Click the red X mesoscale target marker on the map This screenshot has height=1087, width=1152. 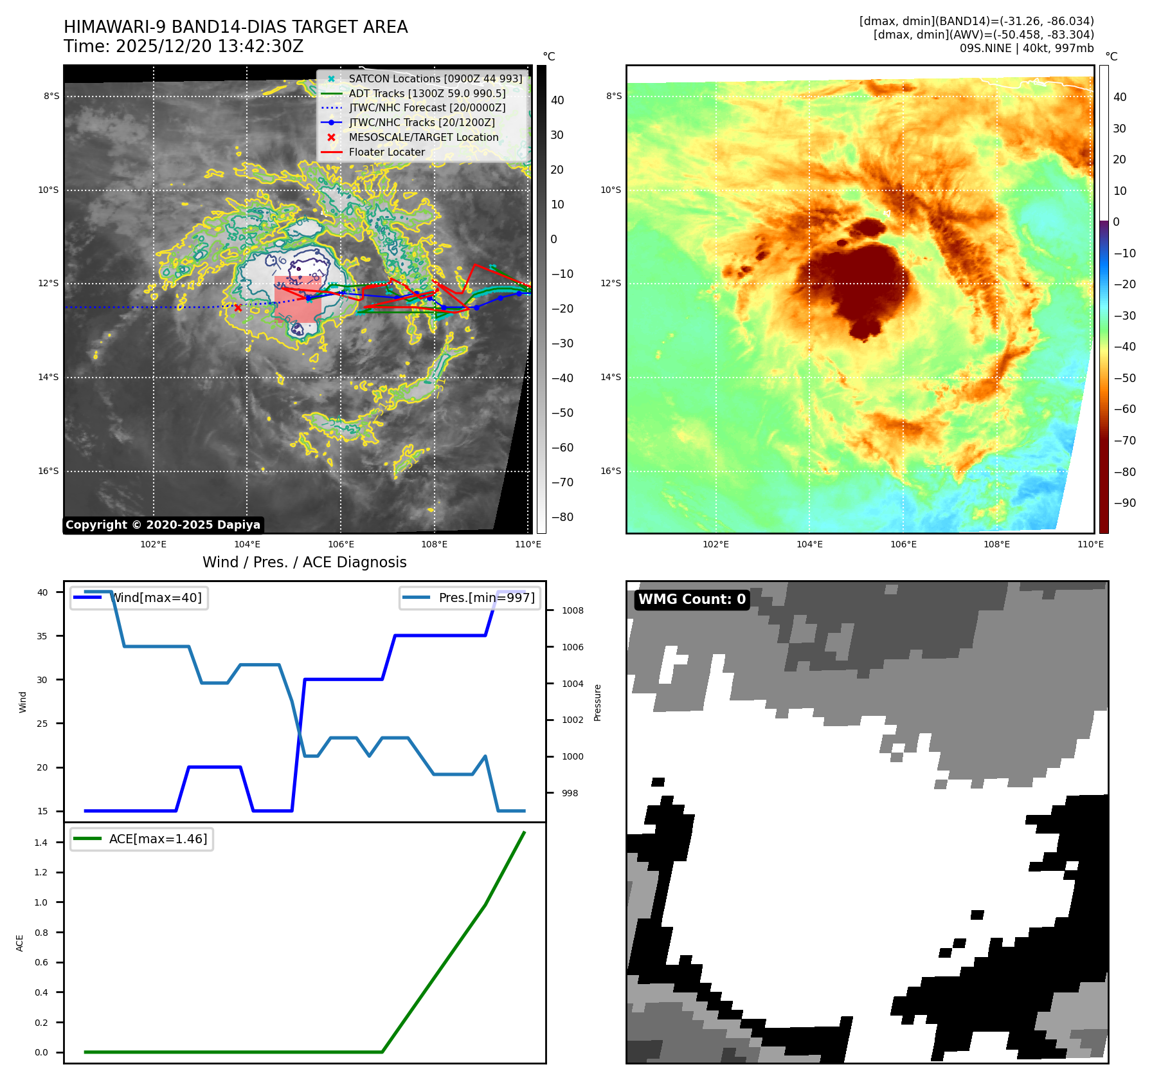[x=238, y=308]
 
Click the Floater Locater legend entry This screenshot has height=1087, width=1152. [x=386, y=152]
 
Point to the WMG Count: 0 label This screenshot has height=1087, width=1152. [x=692, y=599]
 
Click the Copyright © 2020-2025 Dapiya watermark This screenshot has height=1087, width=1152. [x=163, y=525]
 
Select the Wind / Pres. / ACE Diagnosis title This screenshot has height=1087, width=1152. [x=304, y=562]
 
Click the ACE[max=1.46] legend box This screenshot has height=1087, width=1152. [x=141, y=839]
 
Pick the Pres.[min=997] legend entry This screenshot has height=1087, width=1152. [x=470, y=598]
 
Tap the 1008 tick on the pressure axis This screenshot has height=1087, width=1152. [x=573, y=610]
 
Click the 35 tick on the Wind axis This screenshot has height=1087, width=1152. [x=42, y=636]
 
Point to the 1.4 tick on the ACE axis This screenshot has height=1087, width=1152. [x=41, y=843]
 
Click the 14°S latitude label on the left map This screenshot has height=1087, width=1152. [x=48, y=378]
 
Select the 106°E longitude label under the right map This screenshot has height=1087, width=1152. [x=903, y=544]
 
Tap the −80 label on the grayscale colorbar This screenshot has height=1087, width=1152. [x=562, y=517]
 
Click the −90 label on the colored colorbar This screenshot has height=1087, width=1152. [x=1124, y=503]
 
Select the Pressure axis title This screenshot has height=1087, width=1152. [x=597, y=702]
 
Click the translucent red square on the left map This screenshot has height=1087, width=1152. [x=298, y=299]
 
